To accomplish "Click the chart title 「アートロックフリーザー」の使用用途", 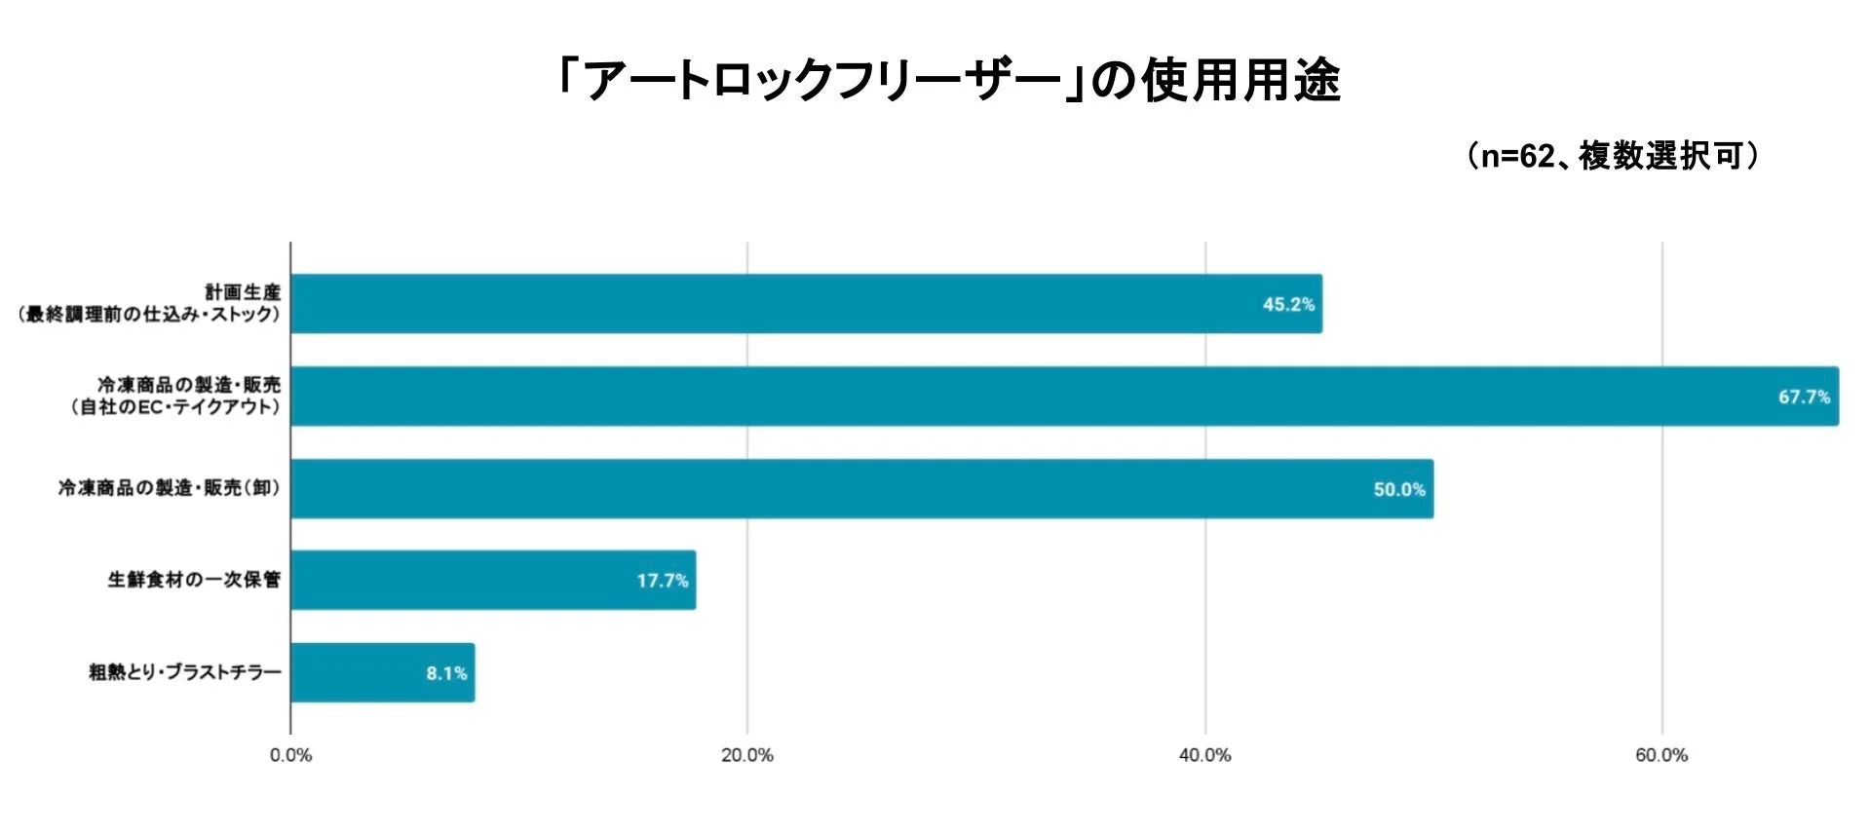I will tap(948, 81).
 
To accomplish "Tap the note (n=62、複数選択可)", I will tap(1613, 156).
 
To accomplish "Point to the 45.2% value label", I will tap(1288, 305).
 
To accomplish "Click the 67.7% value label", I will tap(1804, 398).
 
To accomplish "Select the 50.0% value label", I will tap(1399, 490).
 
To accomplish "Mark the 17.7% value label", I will tap(663, 582).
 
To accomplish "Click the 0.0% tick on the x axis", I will tap(290, 756).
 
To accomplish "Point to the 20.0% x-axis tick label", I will tap(747, 756).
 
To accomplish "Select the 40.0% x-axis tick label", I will tap(1204, 756).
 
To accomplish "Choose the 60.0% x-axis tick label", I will tap(1661, 756).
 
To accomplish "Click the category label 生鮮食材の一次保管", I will tap(194, 581).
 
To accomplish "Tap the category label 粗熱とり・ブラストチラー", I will tap(185, 673).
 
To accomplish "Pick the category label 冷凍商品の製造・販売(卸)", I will tap(170, 488).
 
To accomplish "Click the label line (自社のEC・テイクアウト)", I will tap(175, 407).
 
